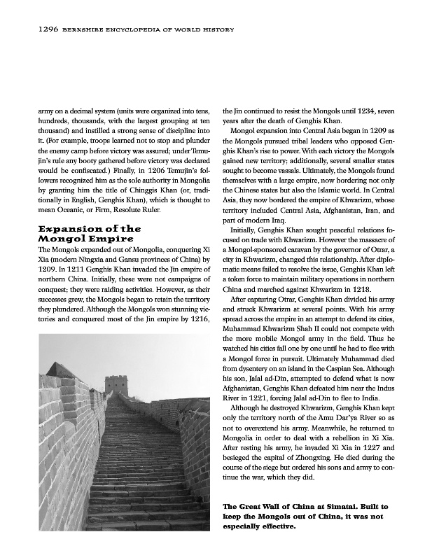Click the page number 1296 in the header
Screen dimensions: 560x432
click(29, 29)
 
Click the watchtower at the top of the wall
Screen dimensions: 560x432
click(116, 384)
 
